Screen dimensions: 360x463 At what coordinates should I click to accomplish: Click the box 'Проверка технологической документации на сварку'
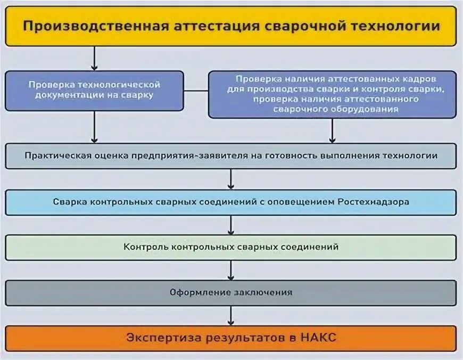pyautogui.click(x=95, y=90)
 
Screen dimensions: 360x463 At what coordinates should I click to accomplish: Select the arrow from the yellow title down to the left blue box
pyautogui.click(x=95, y=58)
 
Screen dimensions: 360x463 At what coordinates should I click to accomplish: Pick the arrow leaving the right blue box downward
pyautogui.click(x=332, y=130)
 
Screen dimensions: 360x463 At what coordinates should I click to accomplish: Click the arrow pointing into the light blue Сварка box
pyautogui.click(x=231, y=179)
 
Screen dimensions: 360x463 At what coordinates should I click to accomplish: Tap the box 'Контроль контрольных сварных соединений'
pyautogui.click(x=231, y=248)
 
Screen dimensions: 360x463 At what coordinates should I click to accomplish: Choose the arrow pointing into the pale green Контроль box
pyautogui.click(x=231, y=225)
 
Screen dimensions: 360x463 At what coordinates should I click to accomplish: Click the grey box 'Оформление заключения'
pyautogui.click(x=231, y=293)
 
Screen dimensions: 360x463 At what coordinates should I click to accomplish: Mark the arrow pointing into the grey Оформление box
pyautogui.click(x=231, y=271)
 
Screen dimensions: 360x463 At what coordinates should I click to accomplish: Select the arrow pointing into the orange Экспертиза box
pyautogui.click(x=231, y=316)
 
